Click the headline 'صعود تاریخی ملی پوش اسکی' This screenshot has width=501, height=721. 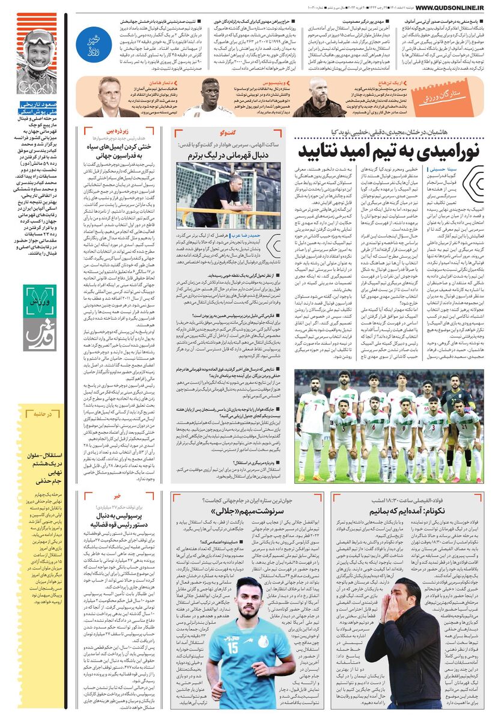coord(36,108)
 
